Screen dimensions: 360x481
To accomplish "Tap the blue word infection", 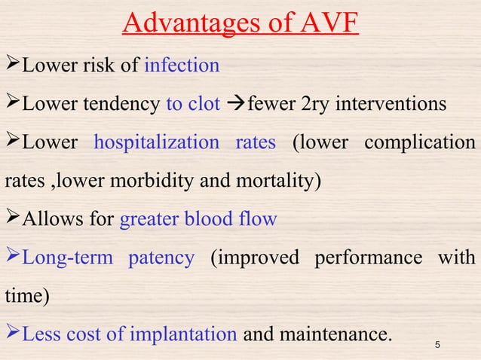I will pos(182,66).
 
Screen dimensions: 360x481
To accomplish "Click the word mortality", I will pos(285,181).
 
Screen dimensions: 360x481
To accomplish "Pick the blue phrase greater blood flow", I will pos(199,219).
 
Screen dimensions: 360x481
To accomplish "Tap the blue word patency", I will pos(161,258).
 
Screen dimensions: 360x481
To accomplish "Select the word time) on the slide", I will pos(28,296).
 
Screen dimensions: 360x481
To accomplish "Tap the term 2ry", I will pos(315,104).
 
